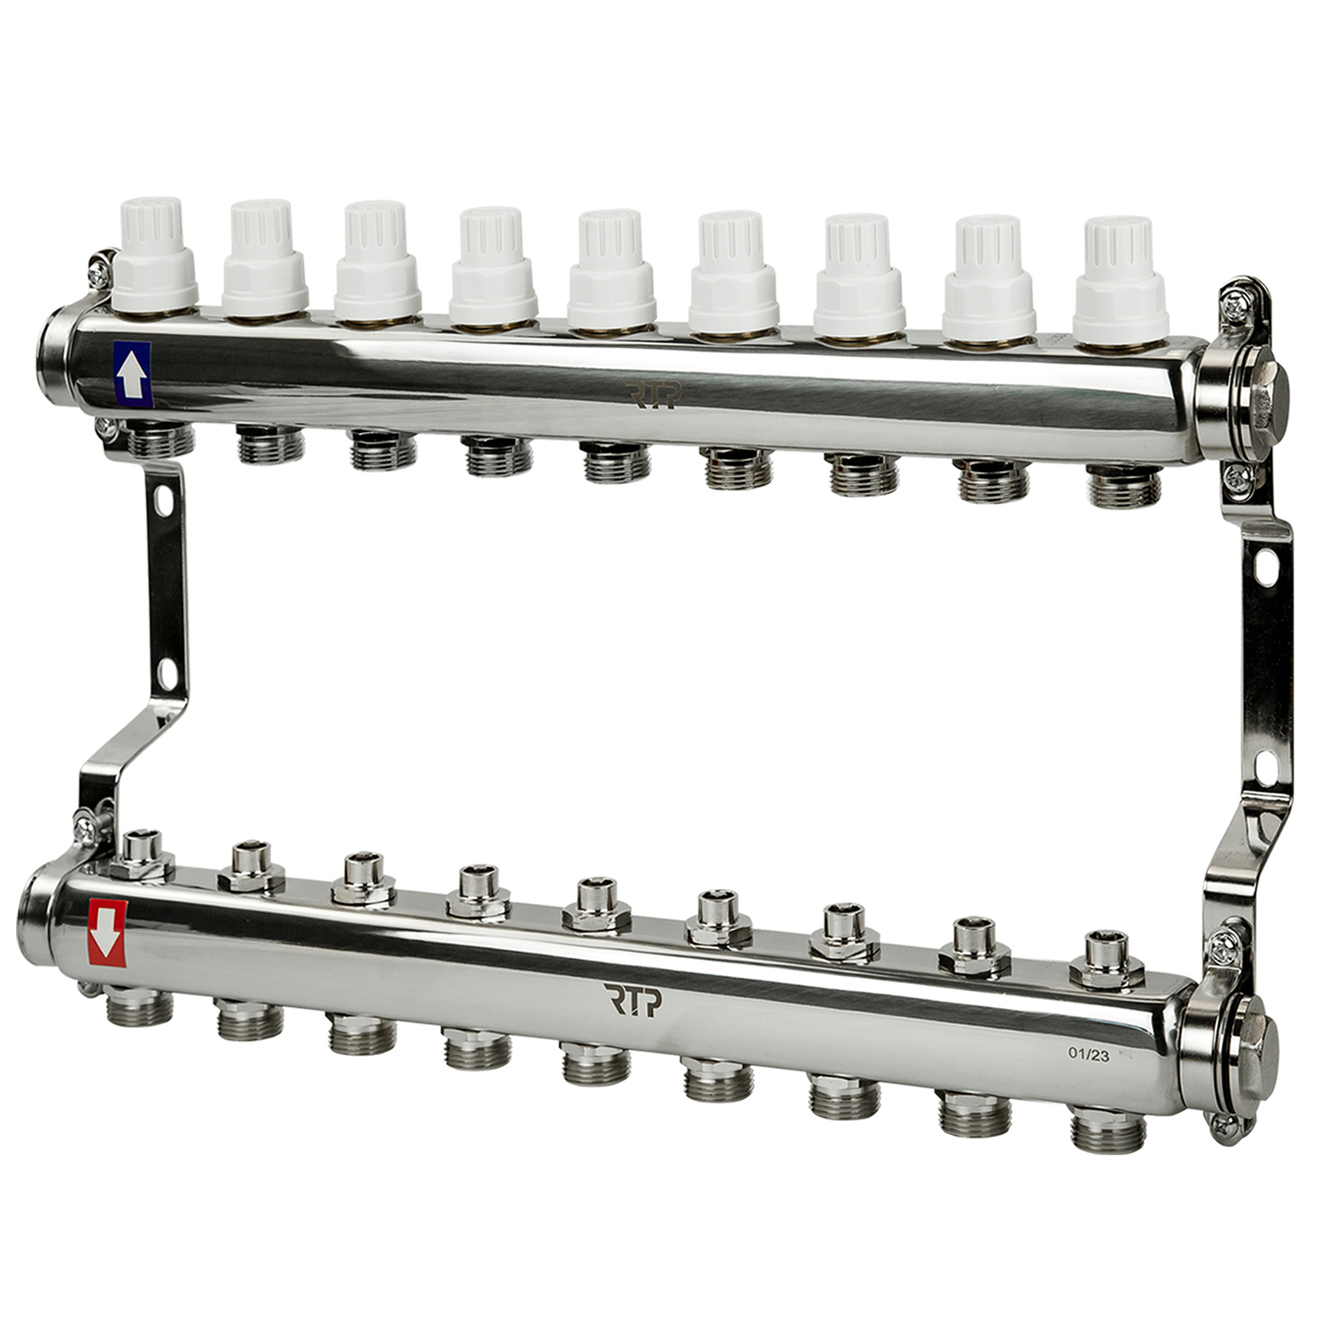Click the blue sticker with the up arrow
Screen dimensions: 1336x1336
pos(132,375)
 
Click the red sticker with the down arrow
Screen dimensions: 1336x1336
pos(107,933)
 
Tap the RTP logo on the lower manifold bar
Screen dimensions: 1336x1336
pos(634,1001)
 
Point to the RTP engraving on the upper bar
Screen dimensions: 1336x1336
pos(652,395)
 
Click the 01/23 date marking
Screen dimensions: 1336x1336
pos(1089,1055)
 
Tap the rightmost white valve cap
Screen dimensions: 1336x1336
pos(1122,281)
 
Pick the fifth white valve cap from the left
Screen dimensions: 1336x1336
pos(611,269)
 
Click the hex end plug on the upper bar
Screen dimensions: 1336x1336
pos(1269,398)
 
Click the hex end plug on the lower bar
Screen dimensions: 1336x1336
pos(1257,1058)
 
